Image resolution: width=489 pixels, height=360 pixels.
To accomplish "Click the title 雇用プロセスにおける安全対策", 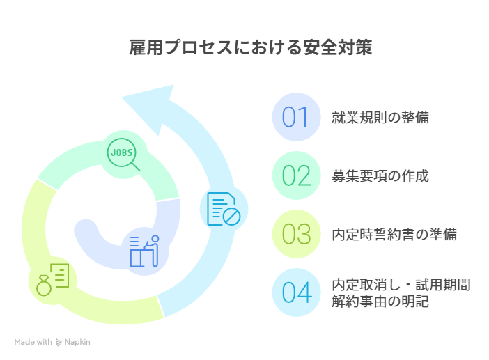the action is tap(251, 47).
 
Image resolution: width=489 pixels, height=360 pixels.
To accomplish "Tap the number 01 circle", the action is tap(296, 117).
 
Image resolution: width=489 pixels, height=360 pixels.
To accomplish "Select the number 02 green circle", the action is tap(296, 175).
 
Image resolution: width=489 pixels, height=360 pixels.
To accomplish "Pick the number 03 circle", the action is tap(296, 234).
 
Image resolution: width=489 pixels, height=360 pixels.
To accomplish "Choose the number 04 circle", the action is tap(296, 292).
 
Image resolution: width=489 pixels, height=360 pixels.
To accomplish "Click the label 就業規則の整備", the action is tap(380, 118).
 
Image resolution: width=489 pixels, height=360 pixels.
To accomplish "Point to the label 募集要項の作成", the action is tap(380, 176).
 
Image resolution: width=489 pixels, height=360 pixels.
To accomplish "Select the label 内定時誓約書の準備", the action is tap(394, 235).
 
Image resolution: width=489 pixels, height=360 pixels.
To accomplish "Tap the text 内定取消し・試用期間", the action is tap(401, 285).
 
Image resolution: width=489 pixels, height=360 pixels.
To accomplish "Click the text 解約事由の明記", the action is tap(380, 302).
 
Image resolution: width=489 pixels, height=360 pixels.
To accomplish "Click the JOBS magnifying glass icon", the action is tap(123, 155).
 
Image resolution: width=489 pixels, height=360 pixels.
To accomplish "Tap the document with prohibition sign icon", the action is tap(224, 209).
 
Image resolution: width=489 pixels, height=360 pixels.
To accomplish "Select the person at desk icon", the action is tap(144, 251).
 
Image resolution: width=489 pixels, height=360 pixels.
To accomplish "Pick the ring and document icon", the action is tap(52, 280).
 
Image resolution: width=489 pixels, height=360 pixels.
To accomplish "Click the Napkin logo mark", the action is tap(59, 342).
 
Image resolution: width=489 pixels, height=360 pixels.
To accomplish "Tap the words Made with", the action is tap(33, 342).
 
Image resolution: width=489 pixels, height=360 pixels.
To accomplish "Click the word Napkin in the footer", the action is tap(77, 342).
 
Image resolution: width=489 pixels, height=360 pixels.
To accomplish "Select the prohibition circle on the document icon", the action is tap(232, 217).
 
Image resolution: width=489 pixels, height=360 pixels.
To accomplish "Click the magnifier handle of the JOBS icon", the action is tap(136, 166).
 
